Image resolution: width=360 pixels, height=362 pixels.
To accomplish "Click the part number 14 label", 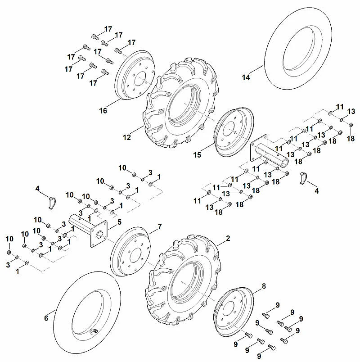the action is pyautogui.click(x=246, y=77).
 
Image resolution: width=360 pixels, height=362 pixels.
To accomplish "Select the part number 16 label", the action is pyautogui.click(x=103, y=111).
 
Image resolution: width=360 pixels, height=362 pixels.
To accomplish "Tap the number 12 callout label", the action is pyautogui.click(x=127, y=137).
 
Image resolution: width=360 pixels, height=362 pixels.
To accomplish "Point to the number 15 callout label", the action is pyautogui.click(x=197, y=155).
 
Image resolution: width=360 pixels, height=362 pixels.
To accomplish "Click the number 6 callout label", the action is pyautogui.click(x=46, y=318).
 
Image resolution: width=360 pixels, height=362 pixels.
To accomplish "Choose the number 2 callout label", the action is pyautogui.click(x=228, y=238).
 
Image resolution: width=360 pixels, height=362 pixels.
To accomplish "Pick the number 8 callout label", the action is pyautogui.click(x=264, y=286).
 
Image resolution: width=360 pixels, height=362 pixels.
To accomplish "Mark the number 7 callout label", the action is pyautogui.click(x=160, y=227).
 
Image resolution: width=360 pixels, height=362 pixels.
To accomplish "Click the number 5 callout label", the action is pyautogui.click(x=119, y=222).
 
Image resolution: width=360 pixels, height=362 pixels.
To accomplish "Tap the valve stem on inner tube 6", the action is pyautogui.click(x=94, y=331).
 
